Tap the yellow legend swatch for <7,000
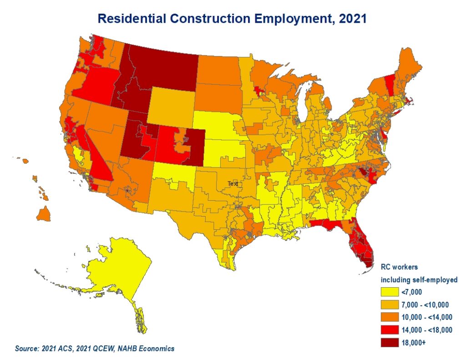(390, 292)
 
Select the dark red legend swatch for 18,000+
(390, 343)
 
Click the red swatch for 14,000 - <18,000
(390, 330)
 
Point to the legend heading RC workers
(399, 267)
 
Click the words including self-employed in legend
(419, 280)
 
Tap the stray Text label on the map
(233, 183)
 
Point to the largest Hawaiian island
(44, 214)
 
